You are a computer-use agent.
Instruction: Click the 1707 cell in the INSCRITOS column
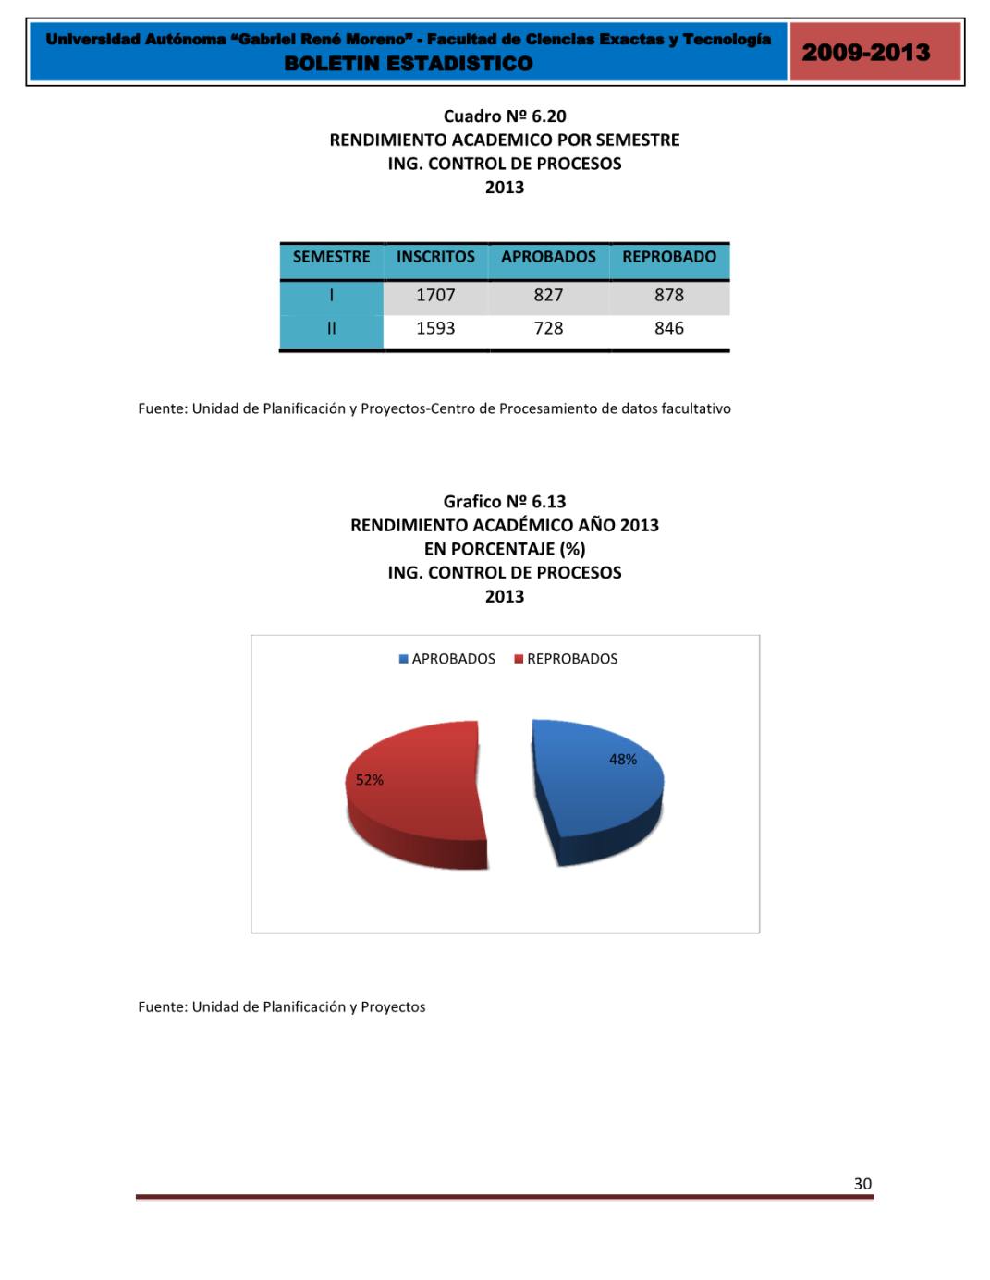pos(435,295)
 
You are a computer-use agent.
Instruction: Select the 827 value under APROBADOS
pos(548,295)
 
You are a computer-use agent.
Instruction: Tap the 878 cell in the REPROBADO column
pos(669,295)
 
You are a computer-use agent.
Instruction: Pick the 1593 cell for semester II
pos(435,328)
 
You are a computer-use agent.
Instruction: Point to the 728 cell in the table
pos(548,328)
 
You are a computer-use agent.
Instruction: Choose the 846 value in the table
pos(669,328)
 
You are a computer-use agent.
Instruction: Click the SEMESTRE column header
pos(331,257)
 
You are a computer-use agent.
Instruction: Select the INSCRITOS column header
pos(435,257)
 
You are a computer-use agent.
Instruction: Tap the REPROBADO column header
pos(669,257)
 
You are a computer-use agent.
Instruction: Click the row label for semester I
pos(331,295)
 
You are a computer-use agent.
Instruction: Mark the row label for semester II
pos(331,328)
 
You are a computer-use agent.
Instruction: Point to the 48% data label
pos(623,760)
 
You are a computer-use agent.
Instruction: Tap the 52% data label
pos(370,780)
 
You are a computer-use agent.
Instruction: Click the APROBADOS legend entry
pos(447,659)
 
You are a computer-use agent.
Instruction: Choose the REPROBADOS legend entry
pos(566,659)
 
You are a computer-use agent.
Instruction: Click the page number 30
pos(862,1184)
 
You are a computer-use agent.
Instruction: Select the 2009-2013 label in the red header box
pos(866,52)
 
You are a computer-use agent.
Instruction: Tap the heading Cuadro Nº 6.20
pos(505,116)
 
